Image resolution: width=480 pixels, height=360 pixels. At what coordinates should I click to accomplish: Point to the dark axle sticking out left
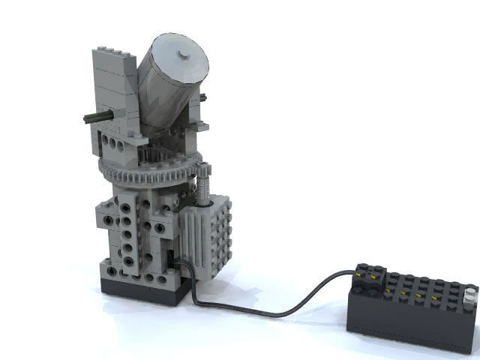point(94,117)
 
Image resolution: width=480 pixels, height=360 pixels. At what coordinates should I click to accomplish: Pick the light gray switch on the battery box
point(469,293)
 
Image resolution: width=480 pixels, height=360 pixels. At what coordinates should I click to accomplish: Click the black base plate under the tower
point(142,290)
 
